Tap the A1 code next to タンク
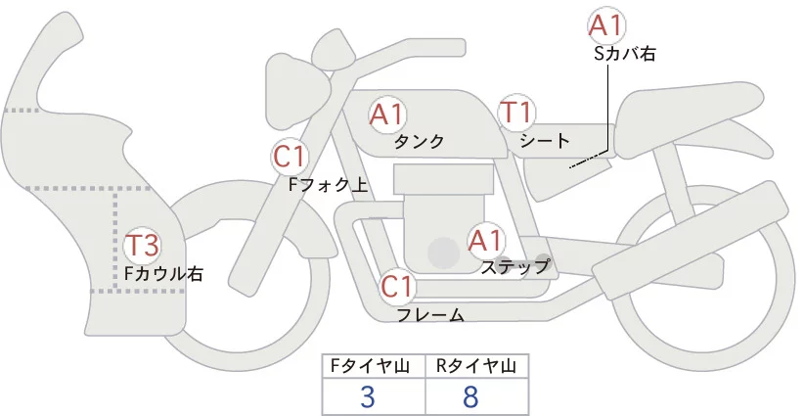[x=387, y=115]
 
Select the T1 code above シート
[x=515, y=114]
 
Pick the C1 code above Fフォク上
[x=290, y=155]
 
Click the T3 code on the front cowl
[x=142, y=246]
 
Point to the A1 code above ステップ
[x=485, y=239]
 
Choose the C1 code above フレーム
[x=398, y=288]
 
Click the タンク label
[x=419, y=141]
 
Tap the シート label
[x=545, y=141]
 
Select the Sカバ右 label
[x=624, y=55]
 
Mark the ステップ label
[x=515, y=265]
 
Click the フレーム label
[x=429, y=314]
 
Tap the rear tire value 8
[x=471, y=395]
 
